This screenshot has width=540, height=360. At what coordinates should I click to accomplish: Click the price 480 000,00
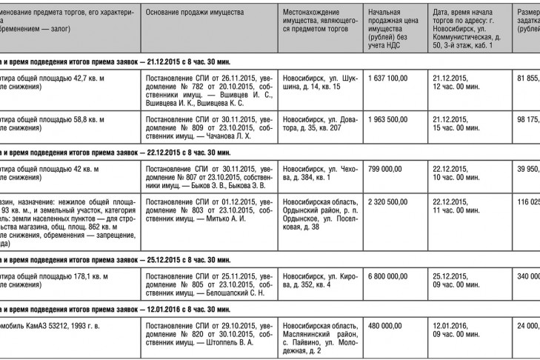click(384, 326)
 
